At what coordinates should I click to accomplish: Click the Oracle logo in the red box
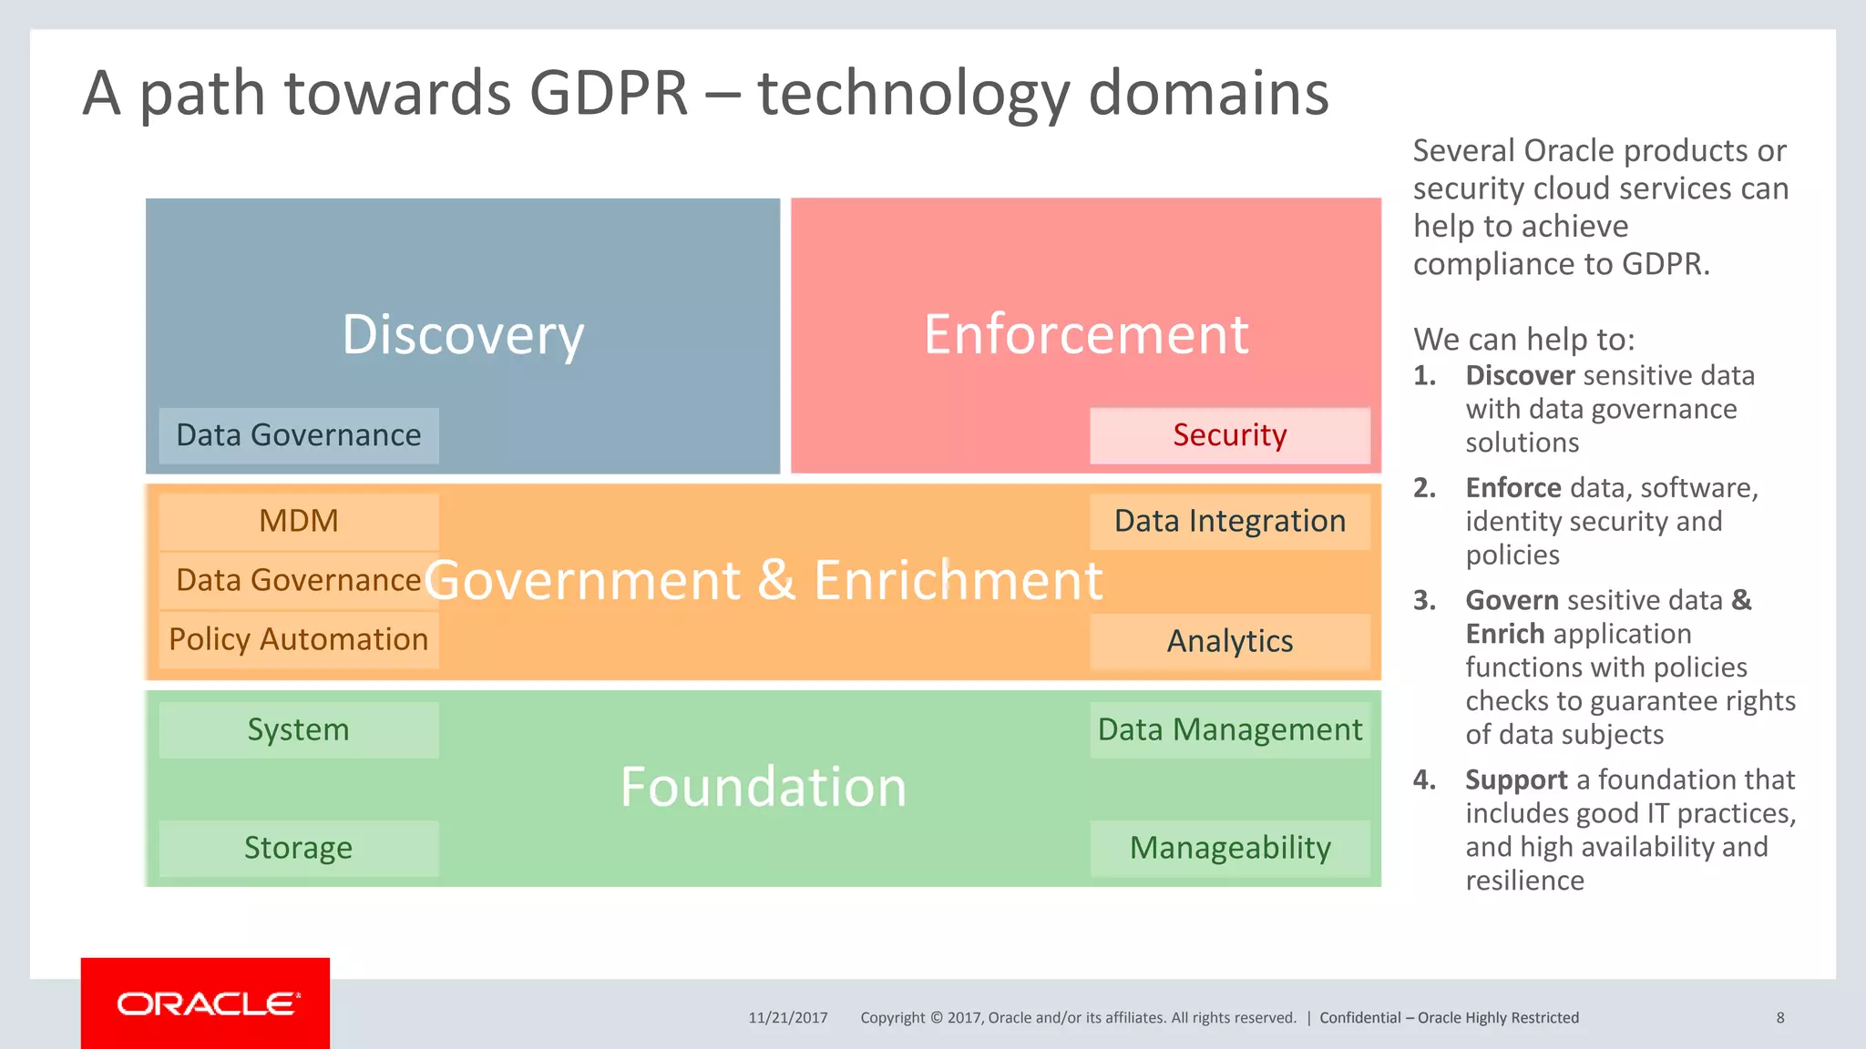click(207, 1003)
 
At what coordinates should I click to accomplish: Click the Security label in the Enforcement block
click(1229, 435)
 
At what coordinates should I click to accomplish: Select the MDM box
click(299, 521)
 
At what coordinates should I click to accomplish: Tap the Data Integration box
click(1229, 521)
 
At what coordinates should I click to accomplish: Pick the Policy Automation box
click(299, 639)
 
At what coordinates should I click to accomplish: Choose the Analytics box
click(1229, 641)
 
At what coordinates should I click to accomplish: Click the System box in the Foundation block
click(299, 729)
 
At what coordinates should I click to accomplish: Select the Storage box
click(299, 848)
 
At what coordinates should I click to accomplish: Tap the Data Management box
click(1229, 729)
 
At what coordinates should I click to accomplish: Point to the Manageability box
click(1229, 848)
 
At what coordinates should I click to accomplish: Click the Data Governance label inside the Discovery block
click(299, 435)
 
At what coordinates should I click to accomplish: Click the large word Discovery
click(463, 335)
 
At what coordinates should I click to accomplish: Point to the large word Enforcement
click(1085, 334)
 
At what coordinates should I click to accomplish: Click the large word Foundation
click(763, 787)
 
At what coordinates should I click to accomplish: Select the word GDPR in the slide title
click(608, 93)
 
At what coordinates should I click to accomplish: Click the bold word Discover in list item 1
click(1520, 375)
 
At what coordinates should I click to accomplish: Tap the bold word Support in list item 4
click(1516, 779)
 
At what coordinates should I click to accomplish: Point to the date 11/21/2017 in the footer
click(788, 1018)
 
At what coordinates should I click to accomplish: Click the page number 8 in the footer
click(1779, 1018)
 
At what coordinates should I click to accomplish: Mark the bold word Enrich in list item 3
click(1504, 634)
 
